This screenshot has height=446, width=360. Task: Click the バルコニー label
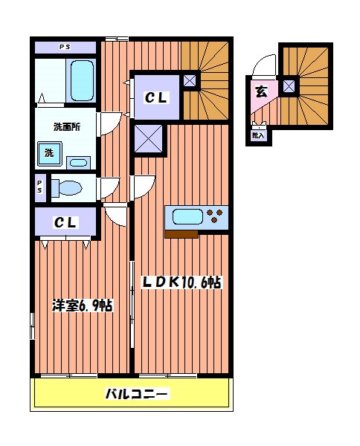136,393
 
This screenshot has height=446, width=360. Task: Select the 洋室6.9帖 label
82,305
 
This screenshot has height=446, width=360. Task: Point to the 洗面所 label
66,126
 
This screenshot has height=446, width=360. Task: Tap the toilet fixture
69,188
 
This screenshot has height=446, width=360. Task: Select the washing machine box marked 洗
48,154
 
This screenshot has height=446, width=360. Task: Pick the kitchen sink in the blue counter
187,217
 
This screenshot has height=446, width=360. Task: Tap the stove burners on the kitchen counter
216,217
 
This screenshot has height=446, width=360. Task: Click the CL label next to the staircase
156,97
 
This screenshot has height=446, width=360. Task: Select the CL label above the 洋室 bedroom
66,222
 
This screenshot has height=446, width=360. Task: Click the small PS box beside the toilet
39,188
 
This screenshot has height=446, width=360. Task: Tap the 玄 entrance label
261,92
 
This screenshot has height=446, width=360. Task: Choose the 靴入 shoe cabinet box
258,134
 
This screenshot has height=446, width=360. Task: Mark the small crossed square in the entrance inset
289,86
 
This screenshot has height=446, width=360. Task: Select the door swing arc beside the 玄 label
263,71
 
